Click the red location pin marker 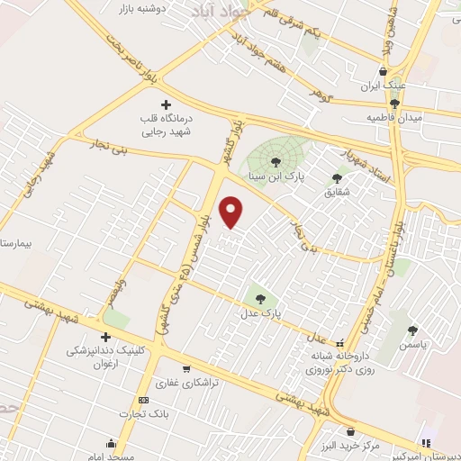[233, 212]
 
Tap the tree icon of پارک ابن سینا [276, 161]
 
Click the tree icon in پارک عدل [260, 298]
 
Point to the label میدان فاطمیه [387, 117]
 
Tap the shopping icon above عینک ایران [384, 71]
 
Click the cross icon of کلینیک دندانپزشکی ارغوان [106, 336]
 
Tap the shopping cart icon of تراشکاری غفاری [186, 368]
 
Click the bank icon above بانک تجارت [143, 400]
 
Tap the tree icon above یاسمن [412, 330]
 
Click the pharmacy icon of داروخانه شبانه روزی [339, 343]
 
